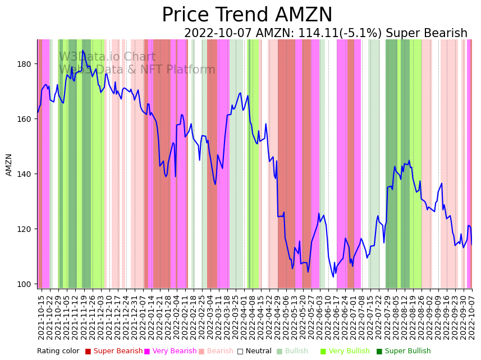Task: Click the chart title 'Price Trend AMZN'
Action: [x=247, y=15]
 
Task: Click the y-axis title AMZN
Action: [x=9, y=165]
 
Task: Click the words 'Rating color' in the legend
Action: [x=58, y=351]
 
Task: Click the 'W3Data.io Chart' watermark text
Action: [x=107, y=57]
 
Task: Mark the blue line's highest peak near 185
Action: [x=83, y=51]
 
